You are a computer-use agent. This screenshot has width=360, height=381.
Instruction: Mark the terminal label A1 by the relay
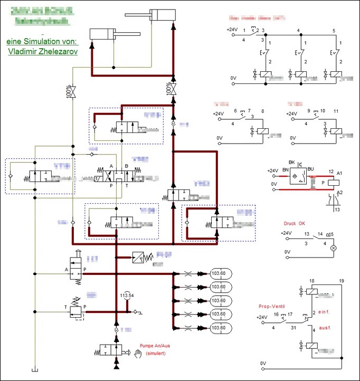[x=340, y=173]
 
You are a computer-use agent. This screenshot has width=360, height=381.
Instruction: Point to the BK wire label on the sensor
[x=290, y=163]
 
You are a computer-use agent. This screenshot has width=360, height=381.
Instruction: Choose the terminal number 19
[x=342, y=281]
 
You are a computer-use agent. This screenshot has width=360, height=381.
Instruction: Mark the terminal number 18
[x=312, y=281]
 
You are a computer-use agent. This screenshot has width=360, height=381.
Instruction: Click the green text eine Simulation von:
[x=41, y=41]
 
